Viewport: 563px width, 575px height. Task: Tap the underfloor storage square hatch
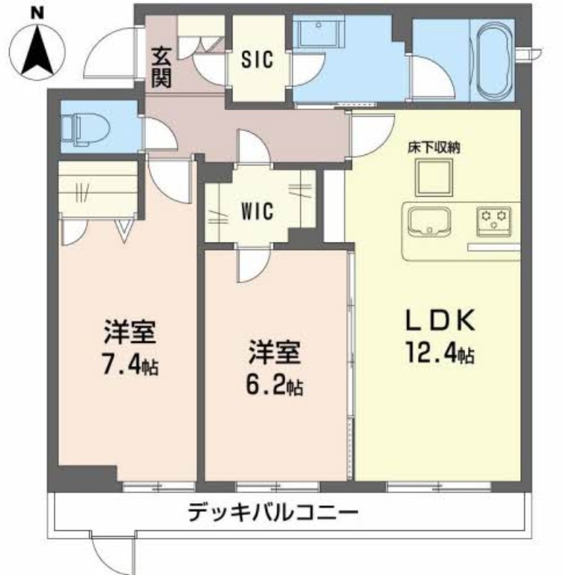click(433, 177)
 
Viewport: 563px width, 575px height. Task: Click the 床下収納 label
click(433, 147)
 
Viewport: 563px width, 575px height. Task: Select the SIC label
click(256, 60)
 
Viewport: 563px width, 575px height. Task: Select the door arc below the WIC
click(252, 266)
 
